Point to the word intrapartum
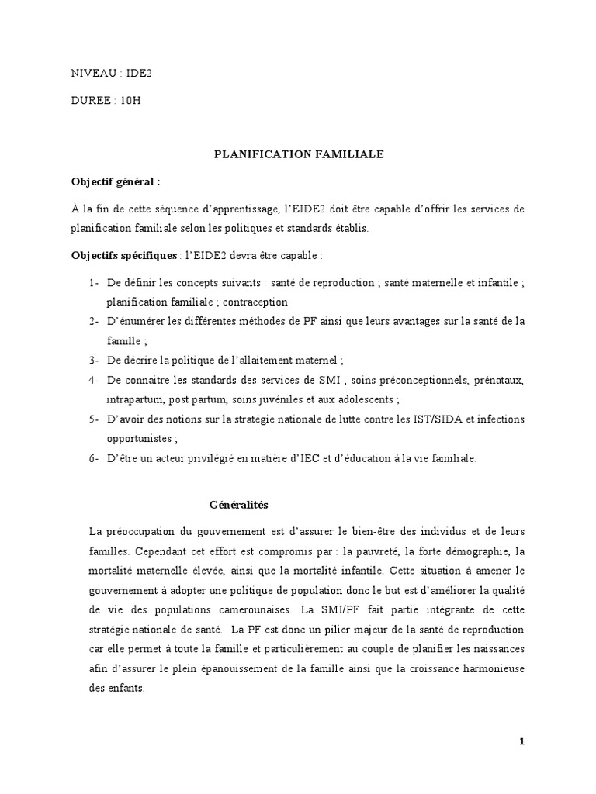click(133, 399)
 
